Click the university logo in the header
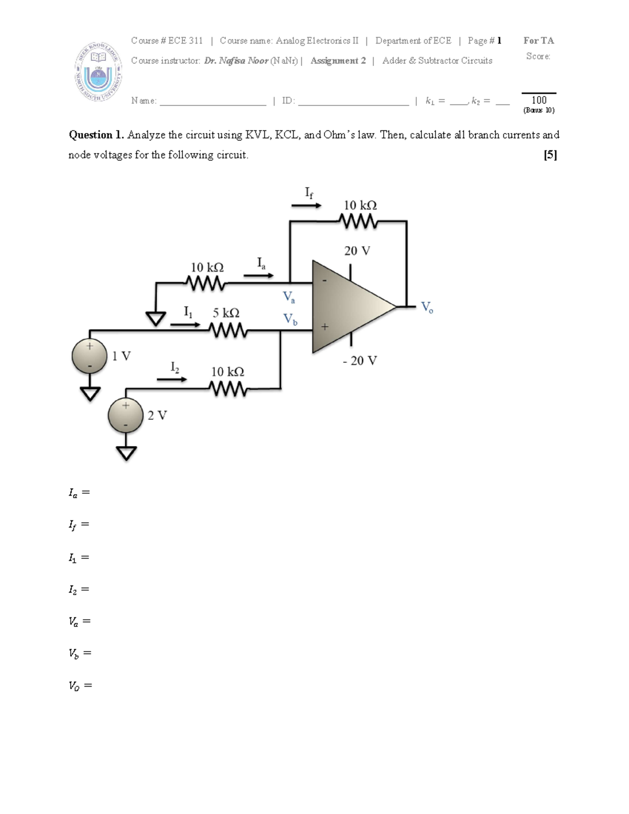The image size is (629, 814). pos(98,71)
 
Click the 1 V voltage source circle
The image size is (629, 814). pos(90,356)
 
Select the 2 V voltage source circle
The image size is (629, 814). pos(126,415)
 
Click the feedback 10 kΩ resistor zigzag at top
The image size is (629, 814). pos(359,221)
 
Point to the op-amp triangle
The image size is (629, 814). pos(349,307)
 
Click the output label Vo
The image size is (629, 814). pos(427,307)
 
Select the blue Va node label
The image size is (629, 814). pos(289,297)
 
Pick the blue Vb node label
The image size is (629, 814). pos(290,319)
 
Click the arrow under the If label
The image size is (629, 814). pos(306,206)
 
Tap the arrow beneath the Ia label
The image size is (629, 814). pos(258,275)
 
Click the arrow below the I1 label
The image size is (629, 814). pos(185,324)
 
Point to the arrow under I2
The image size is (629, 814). pos(172,379)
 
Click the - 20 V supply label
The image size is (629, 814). pos(360,361)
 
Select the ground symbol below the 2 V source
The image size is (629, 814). pos(126,452)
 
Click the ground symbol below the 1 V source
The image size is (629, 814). pos(90,394)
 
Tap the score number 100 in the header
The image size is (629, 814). pos(539,100)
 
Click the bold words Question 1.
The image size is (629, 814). pos(96,135)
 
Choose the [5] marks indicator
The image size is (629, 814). pos(550,155)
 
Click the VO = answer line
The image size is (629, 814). pos(80,686)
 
